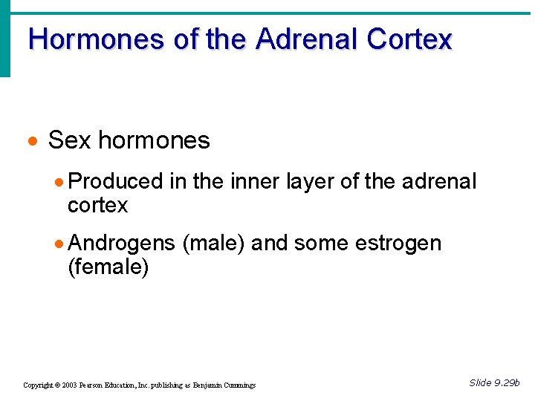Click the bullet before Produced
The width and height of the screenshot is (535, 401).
pos(60,182)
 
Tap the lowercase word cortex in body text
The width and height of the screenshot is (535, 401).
pos(97,205)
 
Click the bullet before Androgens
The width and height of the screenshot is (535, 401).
pos(60,244)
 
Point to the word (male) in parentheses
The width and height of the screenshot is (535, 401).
pos(213,244)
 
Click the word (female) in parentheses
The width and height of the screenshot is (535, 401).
pos(108,267)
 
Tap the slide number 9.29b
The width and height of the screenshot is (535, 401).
pos(505,383)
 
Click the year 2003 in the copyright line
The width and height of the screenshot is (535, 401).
pos(69,385)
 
